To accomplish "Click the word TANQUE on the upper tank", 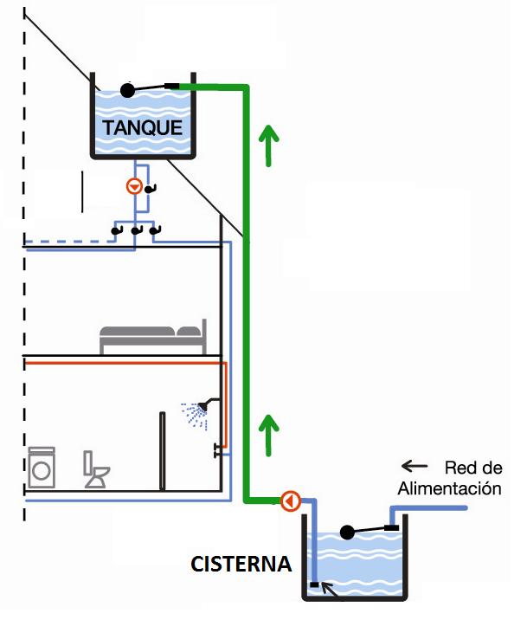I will pos(143,128).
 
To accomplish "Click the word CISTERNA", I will pos(241,565).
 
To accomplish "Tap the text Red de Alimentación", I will pos(450,479).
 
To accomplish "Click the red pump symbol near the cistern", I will pos(290,501).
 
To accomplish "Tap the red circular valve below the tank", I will pos(134,186).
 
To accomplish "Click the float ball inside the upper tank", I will pos(127,89).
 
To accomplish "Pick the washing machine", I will pos(42,468).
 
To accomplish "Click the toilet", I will pos(96,470).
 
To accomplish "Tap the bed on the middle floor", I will pos(153,339).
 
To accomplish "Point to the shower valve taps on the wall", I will pos(217,449).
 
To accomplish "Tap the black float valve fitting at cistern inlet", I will pos(391,527).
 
